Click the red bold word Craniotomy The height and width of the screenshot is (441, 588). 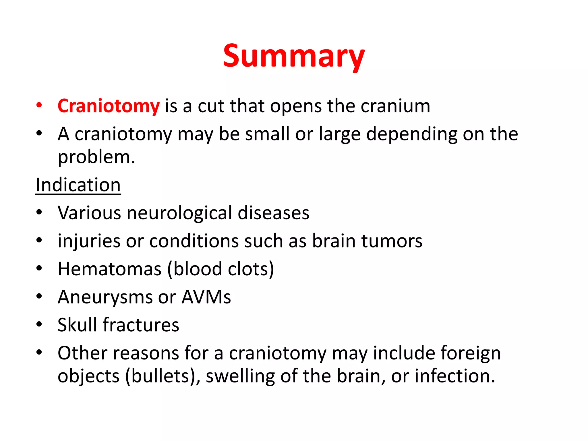click(109, 106)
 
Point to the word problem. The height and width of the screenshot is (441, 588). click(96, 157)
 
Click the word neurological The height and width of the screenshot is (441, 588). click(179, 213)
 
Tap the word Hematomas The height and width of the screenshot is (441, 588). click(109, 269)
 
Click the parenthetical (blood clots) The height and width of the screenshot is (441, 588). click(220, 269)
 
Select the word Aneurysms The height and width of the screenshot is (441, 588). click(105, 297)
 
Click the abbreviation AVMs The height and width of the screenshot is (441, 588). click(206, 297)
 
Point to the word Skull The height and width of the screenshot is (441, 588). click(77, 325)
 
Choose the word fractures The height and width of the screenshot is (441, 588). click(141, 325)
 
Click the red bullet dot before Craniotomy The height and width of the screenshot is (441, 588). click(39, 105)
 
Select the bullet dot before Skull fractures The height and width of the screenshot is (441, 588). click(39, 324)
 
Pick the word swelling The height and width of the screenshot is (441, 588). click(240, 376)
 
